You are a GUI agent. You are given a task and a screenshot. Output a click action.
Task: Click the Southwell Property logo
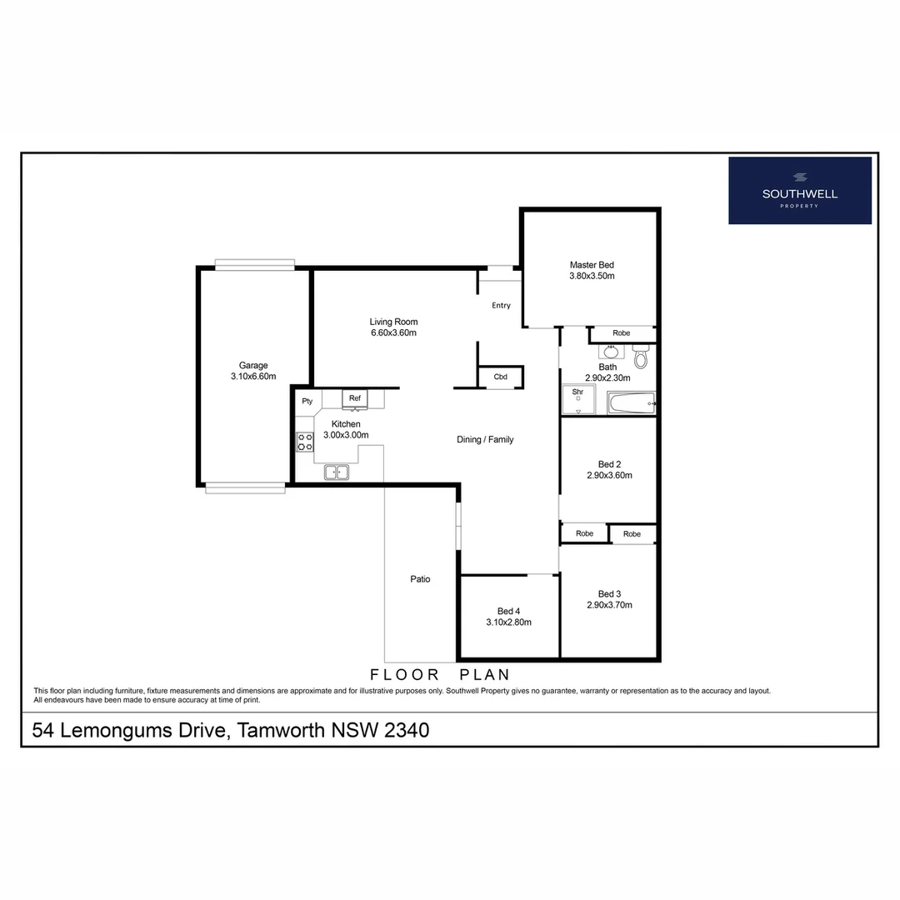coord(799,190)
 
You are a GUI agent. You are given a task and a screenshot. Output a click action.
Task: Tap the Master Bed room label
coord(592,265)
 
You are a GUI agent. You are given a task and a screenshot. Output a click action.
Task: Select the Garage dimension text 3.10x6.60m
coord(253,377)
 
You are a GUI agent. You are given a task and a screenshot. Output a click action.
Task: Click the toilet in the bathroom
coord(640,357)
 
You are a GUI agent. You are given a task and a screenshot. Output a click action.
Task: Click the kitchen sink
coord(337,472)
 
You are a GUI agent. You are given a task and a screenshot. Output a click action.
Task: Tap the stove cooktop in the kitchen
coord(304,442)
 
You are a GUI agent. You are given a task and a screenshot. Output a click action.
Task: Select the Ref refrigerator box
coord(354,399)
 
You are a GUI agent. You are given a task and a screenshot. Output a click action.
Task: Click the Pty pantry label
coord(307,401)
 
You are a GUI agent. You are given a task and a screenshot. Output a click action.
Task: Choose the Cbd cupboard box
coord(500,377)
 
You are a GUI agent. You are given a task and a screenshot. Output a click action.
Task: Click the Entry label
coord(501,306)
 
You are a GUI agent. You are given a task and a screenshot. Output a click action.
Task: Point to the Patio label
coord(420,579)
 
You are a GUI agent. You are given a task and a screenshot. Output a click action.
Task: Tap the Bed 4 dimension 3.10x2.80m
coord(508,622)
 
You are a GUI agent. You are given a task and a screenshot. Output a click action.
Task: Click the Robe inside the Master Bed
coord(621,333)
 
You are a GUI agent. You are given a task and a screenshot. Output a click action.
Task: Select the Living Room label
coord(393,322)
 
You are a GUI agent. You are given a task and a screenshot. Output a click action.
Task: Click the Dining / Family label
coord(485,439)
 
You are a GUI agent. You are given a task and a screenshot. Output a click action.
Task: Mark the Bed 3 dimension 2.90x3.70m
coord(609,605)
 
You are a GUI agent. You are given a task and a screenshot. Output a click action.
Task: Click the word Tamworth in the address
coord(282,731)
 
